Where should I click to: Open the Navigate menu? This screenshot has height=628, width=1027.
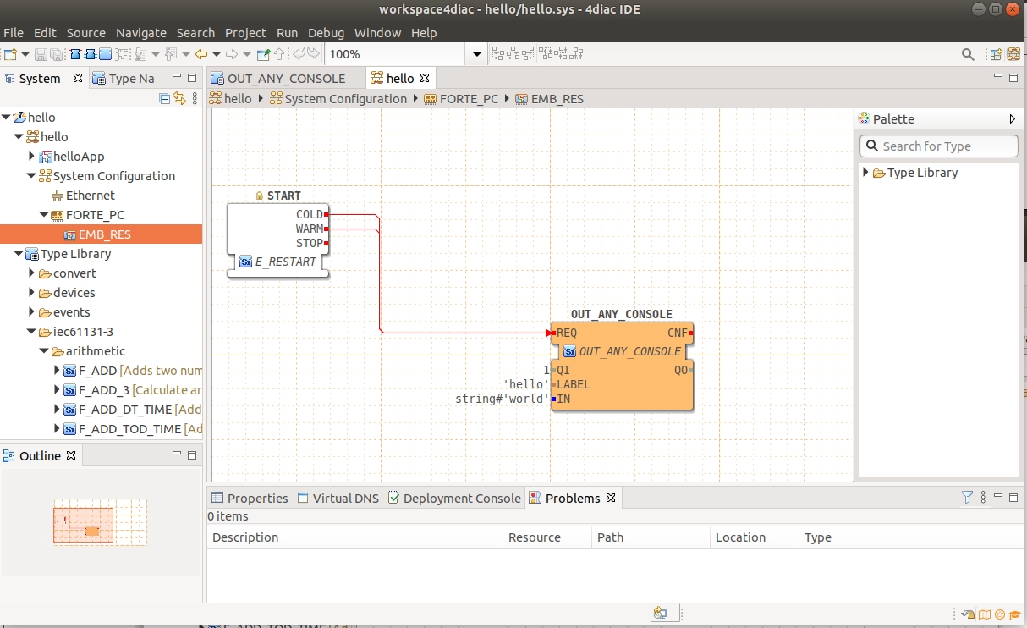pos(140,33)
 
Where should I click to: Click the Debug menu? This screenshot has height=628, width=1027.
pos(326,33)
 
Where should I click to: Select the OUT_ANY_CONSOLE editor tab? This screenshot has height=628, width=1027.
pos(286,79)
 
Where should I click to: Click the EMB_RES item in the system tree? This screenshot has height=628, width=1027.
pos(105,234)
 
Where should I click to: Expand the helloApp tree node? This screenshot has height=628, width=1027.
pos(31,156)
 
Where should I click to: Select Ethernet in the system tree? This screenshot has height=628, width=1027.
pos(90,196)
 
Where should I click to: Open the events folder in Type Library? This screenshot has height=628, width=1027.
pos(71,312)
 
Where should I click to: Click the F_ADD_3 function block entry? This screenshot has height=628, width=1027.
pos(104,390)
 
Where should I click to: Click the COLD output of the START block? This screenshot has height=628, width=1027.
pos(310,214)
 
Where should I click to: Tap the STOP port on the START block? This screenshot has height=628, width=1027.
pos(310,243)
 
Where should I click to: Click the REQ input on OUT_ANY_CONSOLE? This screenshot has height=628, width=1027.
pos(567,333)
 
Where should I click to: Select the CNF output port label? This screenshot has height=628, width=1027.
pos(677,333)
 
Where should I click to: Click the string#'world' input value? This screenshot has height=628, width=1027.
pos(502,399)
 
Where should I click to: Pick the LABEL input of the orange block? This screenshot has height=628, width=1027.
pos(573,384)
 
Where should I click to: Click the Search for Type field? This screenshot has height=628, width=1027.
pos(938,146)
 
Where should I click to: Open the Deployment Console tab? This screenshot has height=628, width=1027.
pos(462,499)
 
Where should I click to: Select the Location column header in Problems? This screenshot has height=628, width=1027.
pos(740,537)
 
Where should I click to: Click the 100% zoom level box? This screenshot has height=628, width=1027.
pos(395,54)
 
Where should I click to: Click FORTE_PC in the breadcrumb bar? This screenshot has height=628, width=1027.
pos(469,99)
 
